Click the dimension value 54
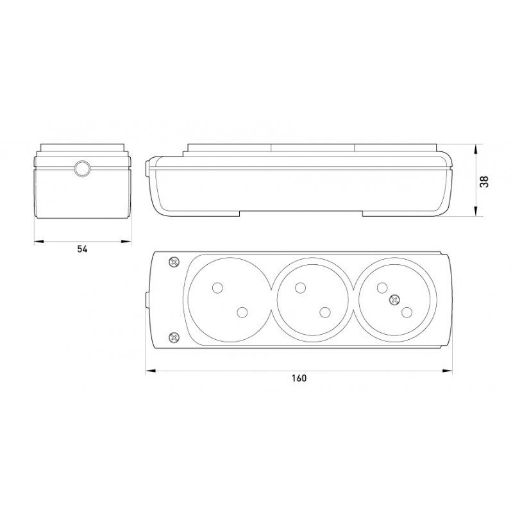click(83, 249)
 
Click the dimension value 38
click(484, 181)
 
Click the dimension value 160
click(299, 378)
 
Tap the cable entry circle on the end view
click(81, 169)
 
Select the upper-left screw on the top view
click(174, 262)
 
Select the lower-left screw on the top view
click(174, 337)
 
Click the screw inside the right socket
click(394, 299)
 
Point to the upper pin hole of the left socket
click(217, 287)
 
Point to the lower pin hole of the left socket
click(242, 312)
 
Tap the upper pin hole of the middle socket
click(299, 287)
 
